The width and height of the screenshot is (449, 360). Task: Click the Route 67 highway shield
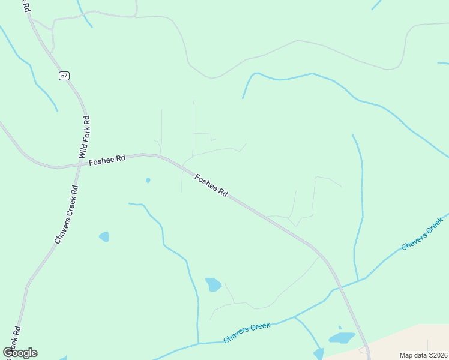click(x=64, y=76)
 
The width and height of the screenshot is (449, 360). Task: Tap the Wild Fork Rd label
click(x=85, y=137)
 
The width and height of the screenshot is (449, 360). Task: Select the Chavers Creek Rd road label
click(x=67, y=214)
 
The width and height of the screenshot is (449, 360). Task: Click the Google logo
click(x=20, y=353)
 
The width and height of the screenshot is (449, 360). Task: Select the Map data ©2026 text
click(x=423, y=355)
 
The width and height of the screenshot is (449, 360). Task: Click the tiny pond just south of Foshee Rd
click(x=148, y=180)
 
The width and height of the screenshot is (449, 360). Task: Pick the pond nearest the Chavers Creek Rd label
click(x=104, y=236)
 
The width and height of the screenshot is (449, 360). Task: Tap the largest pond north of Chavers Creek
click(x=213, y=284)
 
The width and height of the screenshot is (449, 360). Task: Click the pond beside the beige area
click(x=342, y=337)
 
